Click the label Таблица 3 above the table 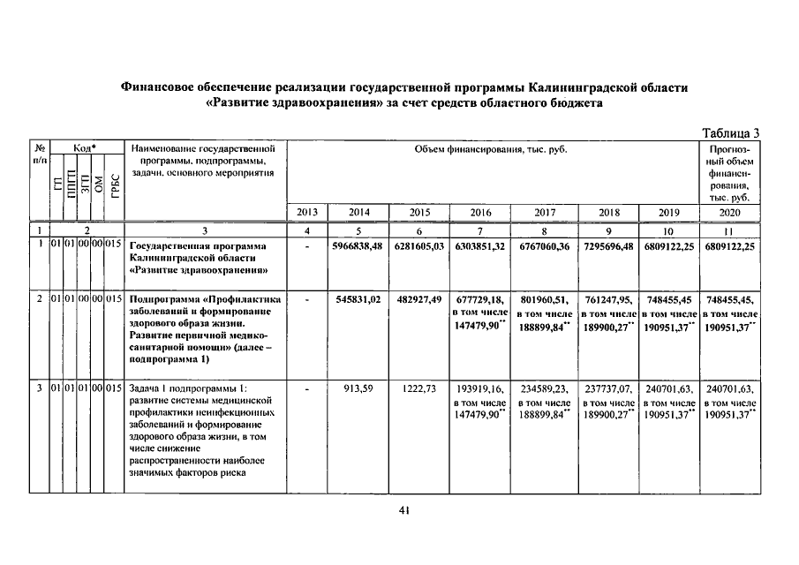[x=730, y=133]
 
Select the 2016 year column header [x=482, y=213]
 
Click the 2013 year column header [x=307, y=213]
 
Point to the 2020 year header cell [x=728, y=213]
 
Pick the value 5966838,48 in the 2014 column [x=357, y=246]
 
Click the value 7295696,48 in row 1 [x=609, y=246]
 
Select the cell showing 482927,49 [x=418, y=299]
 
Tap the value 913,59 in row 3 [x=358, y=388]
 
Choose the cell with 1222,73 [x=418, y=388]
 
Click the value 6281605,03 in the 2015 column [x=418, y=246]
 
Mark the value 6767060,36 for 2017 [x=546, y=246]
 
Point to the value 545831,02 [x=357, y=299]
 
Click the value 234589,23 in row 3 [x=546, y=388]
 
